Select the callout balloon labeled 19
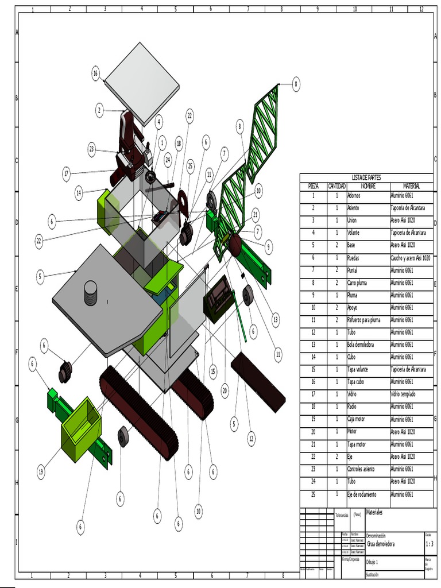pyautogui.click(x=41, y=473)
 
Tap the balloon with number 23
pyautogui.click(x=92, y=149)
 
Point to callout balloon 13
pyautogui.click(x=276, y=320)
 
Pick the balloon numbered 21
pyautogui.click(x=256, y=215)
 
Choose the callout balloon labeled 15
pyautogui.click(x=213, y=372)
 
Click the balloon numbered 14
pyautogui.click(x=79, y=194)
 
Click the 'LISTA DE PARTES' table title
pyautogui.click(x=366, y=178)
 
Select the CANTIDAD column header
pyautogui.click(x=336, y=186)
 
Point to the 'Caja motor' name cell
pyautogui.click(x=360, y=419)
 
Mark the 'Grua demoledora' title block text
pyautogui.click(x=381, y=544)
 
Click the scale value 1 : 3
pyautogui.click(x=429, y=544)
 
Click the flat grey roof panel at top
pyautogui.click(x=142, y=82)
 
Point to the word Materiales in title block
pyautogui.click(x=374, y=512)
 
